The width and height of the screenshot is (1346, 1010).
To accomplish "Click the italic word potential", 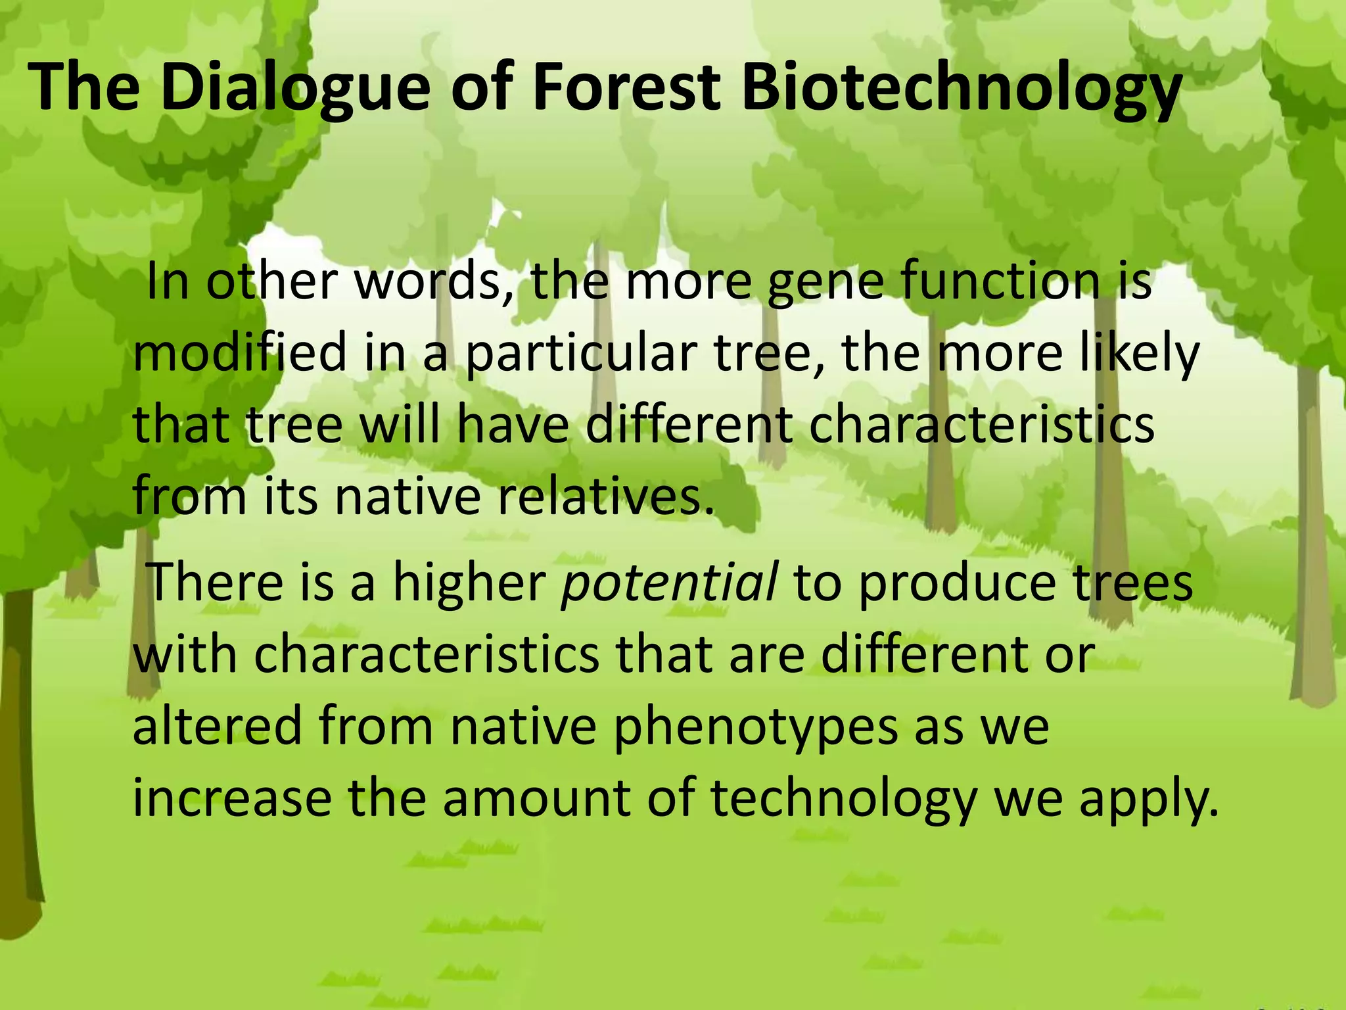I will click(x=670, y=583).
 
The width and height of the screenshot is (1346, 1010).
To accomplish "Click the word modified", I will click(x=240, y=354).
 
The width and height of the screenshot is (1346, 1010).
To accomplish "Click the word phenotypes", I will click(x=755, y=727).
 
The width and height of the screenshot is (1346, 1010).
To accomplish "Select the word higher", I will click(x=469, y=583).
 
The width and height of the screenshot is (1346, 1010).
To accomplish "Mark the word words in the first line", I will click(x=434, y=281).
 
